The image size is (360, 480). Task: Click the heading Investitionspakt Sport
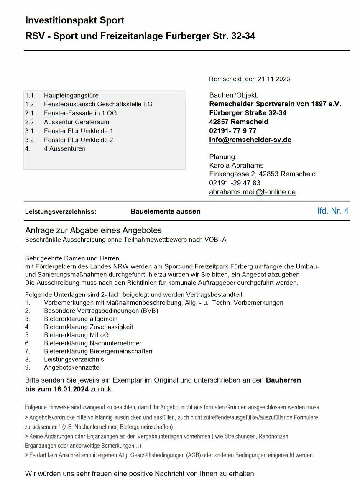click(75, 20)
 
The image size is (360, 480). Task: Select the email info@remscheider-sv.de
click(250, 140)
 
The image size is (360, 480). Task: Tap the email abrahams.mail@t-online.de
click(252, 192)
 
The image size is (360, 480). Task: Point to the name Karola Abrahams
click(236, 165)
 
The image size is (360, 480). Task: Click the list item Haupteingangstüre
click(71, 95)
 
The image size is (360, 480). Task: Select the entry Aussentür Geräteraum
click(76, 122)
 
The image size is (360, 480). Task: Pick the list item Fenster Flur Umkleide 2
click(78, 140)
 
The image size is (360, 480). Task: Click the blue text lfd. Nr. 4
click(333, 211)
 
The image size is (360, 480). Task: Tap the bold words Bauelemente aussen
click(165, 212)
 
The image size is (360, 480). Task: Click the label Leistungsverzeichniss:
click(61, 212)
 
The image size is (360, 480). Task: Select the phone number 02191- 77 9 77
click(233, 131)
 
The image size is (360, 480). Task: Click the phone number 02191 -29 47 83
click(235, 183)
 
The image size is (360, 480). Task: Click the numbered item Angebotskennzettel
click(72, 368)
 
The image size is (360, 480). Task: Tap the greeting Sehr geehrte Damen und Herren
click(72, 258)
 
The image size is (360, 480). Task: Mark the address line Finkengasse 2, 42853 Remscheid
click(262, 174)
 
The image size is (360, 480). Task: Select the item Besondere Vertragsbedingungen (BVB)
click(101, 311)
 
